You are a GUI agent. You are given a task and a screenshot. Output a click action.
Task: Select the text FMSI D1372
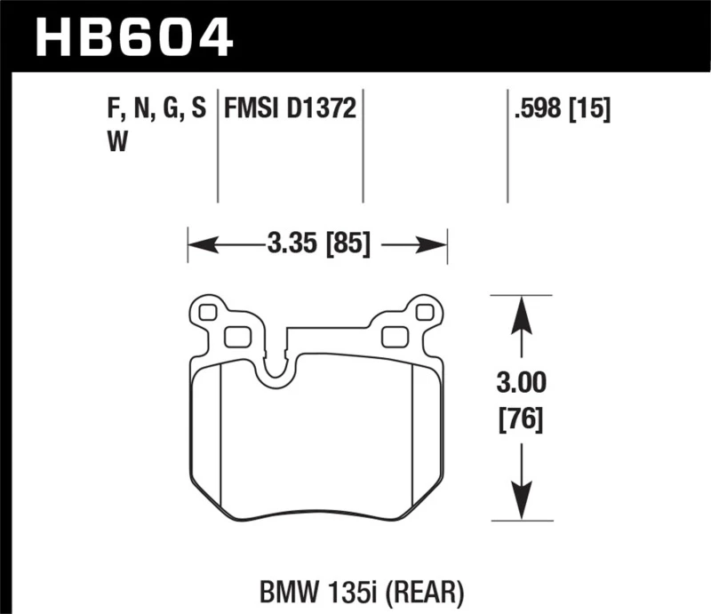click(291, 110)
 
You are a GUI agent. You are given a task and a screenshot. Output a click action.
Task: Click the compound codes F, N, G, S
click(156, 110)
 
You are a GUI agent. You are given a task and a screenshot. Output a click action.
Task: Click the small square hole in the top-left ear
click(209, 312)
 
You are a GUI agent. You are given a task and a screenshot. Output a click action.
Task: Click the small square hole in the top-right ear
click(424, 312)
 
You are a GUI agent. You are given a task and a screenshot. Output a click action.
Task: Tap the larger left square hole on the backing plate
click(236, 336)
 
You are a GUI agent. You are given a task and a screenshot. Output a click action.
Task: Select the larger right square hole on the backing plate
click(394, 336)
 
